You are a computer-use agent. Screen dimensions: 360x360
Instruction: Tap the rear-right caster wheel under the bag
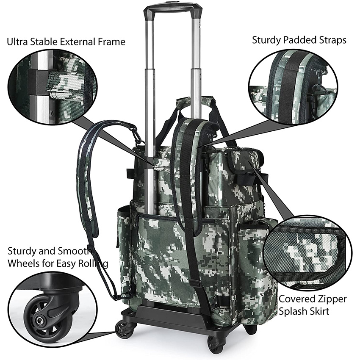[x=251, y=329]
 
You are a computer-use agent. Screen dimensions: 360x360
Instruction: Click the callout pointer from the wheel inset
[x=102, y=330]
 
